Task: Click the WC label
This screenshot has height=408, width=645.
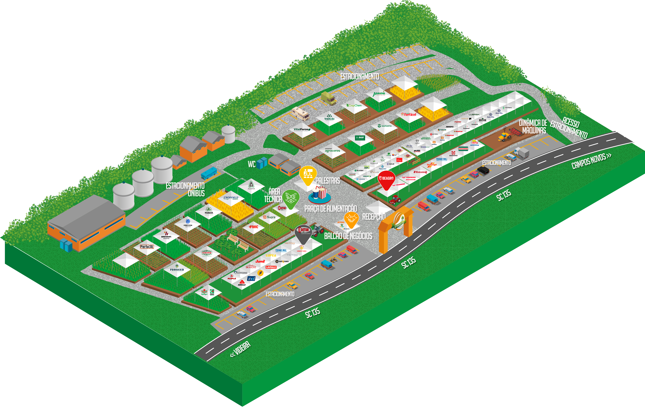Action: pyautogui.click(x=252, y=164)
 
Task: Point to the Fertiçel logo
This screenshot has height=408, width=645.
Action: pyautogui.click(x=409, y=114)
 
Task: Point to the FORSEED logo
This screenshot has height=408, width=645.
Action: pyautogui.click(x=177, y=270)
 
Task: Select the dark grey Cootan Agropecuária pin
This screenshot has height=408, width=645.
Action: pyautogui.click(x=303, y=232)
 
